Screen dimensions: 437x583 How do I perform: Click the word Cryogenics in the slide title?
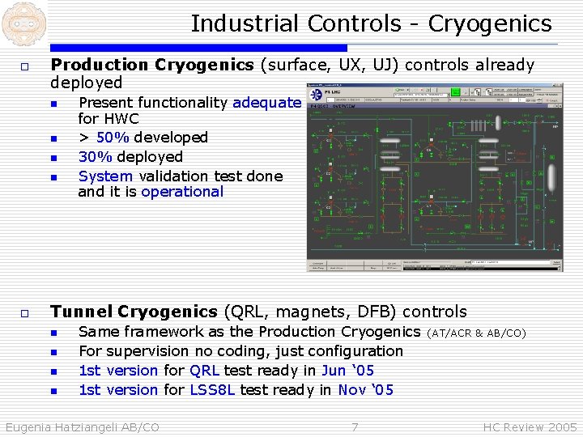(x=490, y=24)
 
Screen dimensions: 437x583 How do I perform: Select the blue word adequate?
(x=266, y=103)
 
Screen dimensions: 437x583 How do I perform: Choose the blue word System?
(x=106, y=176)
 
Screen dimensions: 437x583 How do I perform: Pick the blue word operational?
(x=182, y=192)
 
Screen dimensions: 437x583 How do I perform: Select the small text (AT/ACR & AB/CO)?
(x=477, y=333)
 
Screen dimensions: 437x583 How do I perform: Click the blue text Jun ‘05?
(x=347, y=371)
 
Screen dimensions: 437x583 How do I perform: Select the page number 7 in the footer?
(x=355, y=426)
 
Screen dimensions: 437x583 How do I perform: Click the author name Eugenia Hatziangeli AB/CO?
(x=83, y=426)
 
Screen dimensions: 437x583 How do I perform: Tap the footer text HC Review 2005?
(x=530, y=426)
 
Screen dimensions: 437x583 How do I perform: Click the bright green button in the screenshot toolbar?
(x=457, y=91)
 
